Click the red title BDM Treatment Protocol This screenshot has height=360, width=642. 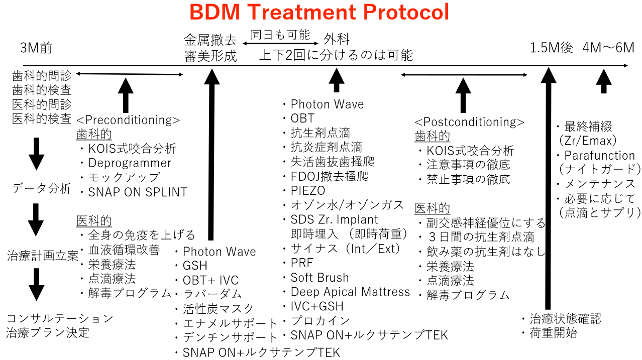[319, 12]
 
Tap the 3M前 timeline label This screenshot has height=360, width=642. [36, 48]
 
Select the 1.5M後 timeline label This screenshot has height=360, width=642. [551, 48]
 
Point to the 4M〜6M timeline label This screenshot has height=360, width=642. [608, 48]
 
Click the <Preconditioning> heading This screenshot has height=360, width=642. [128, 120]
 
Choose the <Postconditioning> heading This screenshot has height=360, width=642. [470, 122]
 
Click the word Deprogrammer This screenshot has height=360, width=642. [130, 163]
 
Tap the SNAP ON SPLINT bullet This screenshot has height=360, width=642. [138, 192]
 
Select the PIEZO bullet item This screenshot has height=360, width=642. [308, 190]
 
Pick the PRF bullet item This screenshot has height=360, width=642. [302, 263]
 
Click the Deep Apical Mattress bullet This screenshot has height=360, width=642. [350, 292]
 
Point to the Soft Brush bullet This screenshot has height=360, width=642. [319, 278]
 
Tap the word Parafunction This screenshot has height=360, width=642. [600, 156]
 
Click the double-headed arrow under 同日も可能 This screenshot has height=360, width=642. [280, 44]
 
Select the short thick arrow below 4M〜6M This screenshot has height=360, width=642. [604, 81]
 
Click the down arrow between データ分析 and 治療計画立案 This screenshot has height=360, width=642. [36, 220]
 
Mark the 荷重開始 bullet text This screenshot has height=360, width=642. [553, 333]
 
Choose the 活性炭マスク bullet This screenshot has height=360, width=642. [218, 309]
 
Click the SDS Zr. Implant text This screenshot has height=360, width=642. [334, 220]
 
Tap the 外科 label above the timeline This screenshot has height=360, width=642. [337, 39]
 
